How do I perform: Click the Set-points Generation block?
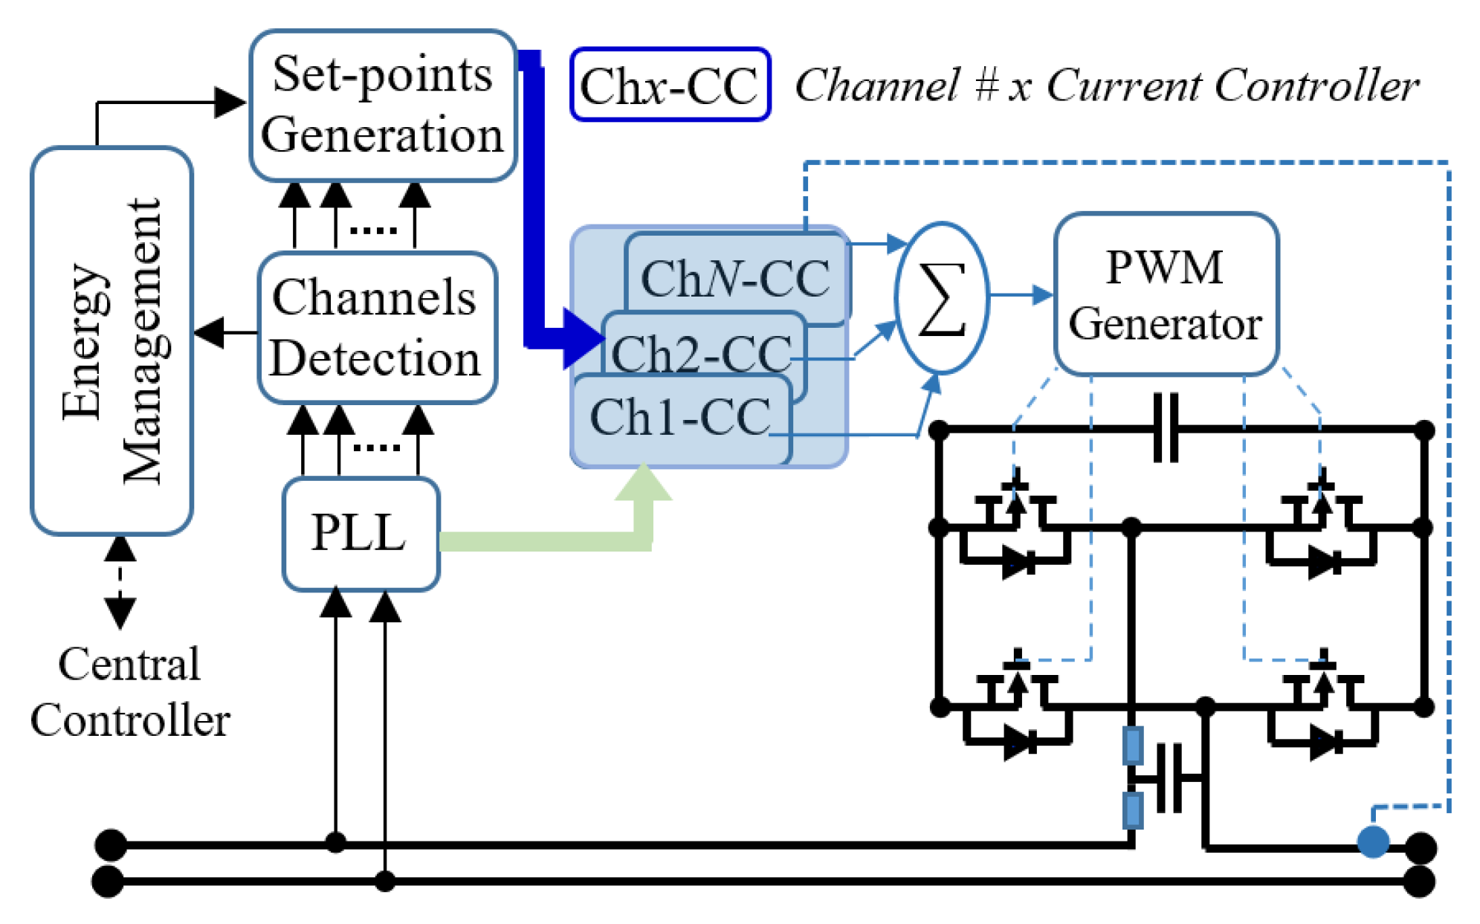pyautogui.click(x=382, y=105)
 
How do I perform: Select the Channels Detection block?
pyautogui.click(x=377, y=328)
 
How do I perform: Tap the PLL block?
pyautogui.click(x=361, y=533)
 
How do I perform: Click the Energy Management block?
pyautogui.click(x=112, y=340)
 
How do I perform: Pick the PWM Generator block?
pyautogui.click(x=1165, y=294)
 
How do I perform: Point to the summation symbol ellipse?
pyautogui.click(x=942, y=297)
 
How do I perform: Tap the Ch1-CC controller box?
pyautogui.click(x=680, y=417)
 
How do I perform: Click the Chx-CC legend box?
pyautogui.click(x=669, y=84)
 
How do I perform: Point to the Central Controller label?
pyautogui.click(x=129, y=691)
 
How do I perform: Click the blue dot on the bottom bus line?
pyautogui.click(x=1372, y=842)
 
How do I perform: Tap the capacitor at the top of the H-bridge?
pyautogui.click(x=1165, y=429)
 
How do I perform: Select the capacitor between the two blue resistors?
pyautogui.click(x=1169, y=778)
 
